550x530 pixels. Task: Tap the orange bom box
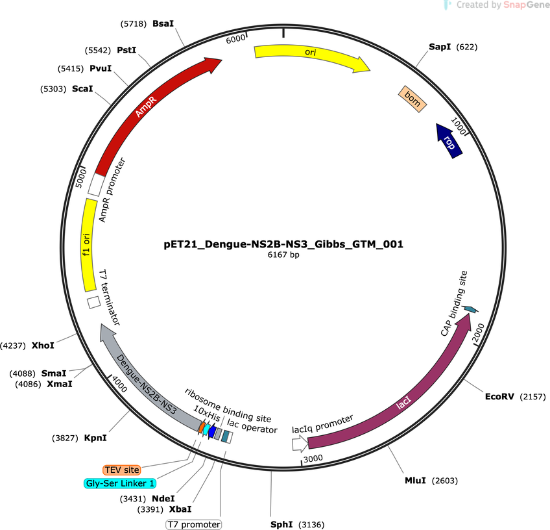[413, 99]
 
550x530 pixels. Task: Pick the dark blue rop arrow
[449, 141]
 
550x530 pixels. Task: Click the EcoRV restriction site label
[499, 397]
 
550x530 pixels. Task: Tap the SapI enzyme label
[440, 47]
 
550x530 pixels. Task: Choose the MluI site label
[415, 480]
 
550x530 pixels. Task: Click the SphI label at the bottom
[281, 524]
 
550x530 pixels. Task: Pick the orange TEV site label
[122, 470]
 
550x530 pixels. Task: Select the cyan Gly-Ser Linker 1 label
[120, 483]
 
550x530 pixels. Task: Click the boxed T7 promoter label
[194, 524]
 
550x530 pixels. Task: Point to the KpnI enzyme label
[95, 438]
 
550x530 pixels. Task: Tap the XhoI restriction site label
[43, 346]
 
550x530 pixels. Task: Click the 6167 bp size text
[283, 255]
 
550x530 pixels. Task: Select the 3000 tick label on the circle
[313, 459]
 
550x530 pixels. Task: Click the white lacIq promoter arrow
[300, 443]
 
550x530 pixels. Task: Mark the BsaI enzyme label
[163, 23]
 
